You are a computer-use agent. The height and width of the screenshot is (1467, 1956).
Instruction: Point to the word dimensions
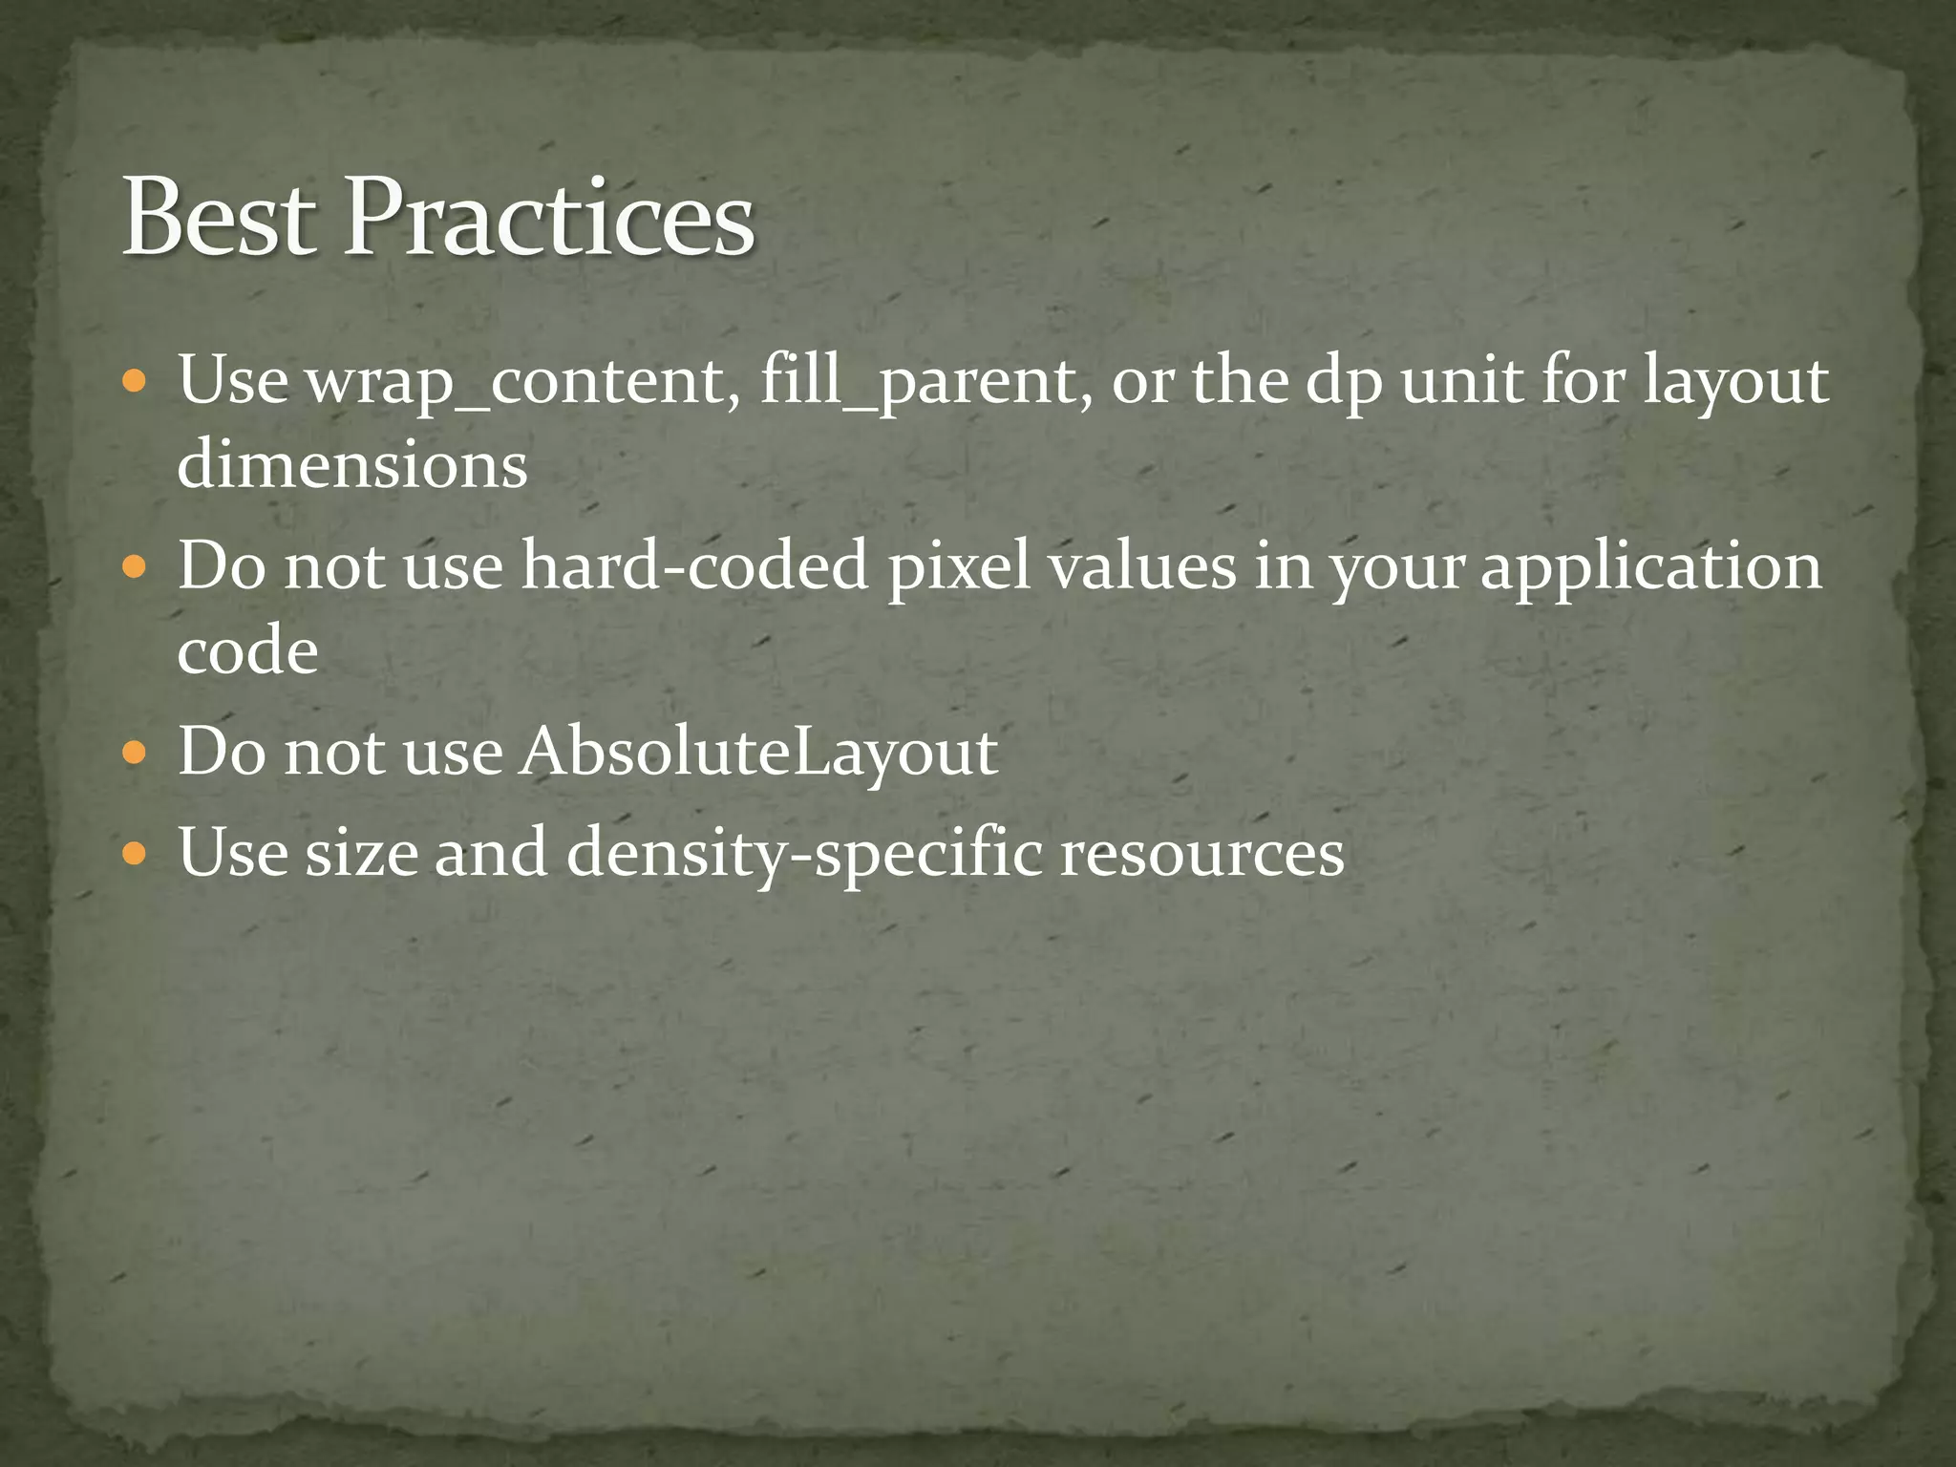352,466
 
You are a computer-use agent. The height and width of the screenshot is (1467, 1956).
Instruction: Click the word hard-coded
694,565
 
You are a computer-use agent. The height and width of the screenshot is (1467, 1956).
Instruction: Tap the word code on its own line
247,651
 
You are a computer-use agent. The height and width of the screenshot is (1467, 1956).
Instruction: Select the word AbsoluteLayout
758,753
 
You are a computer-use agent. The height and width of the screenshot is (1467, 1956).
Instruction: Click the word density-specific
804,853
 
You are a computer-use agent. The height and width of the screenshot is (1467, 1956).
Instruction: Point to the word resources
1202,853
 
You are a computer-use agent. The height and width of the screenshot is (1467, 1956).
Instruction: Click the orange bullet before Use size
136,854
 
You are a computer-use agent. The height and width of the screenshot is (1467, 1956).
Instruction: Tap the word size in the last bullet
361,853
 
